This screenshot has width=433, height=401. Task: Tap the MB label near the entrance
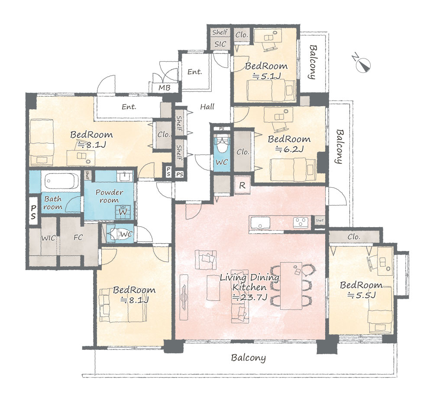pyautogui.click(x=164, y=88)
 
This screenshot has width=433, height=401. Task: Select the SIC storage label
pyautogui.click(x=220, y=44)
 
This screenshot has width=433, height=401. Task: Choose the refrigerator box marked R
pyautogui.click(x=242, y=185)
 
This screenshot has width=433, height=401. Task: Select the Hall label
pyautogui.click(x=207, y=107)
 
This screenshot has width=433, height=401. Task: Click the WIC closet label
pyautogui.click(x=48, y=238)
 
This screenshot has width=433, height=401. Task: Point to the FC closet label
pyautogui.click(x=78, y=237)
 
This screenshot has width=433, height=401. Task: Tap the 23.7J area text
pyautogui.click(x=250, y=297)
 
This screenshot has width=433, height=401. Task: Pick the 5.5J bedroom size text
pyautogui.click(x=362, y=295)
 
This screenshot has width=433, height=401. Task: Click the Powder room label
pyautogui.click(x=109, y=196)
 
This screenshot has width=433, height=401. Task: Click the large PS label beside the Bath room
pyautogui.click(x=33, y=212)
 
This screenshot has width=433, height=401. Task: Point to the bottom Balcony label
pyautogui.click(x=248, y=358)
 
